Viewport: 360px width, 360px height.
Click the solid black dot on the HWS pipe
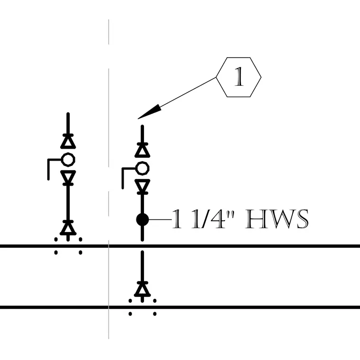coord(143,220)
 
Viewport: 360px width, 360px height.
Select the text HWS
coord(277,219)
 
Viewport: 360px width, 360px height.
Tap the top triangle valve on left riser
coord(68,141)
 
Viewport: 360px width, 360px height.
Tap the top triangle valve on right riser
coord(143,150)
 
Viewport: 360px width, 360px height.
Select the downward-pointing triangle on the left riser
coord(68,178)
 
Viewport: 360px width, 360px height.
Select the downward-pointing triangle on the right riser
coord(143,187)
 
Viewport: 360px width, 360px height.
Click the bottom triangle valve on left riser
coord(68,228)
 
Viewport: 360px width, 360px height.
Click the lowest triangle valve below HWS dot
coord(143,289)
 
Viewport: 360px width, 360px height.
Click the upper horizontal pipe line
coord(180,246)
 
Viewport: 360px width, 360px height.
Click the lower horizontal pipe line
coord(180,307)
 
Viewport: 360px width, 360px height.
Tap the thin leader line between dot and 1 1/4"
coord(160,220)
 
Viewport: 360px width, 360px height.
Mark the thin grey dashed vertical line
coord(108,179)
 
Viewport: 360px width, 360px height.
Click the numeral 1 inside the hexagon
coord(239,77)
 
